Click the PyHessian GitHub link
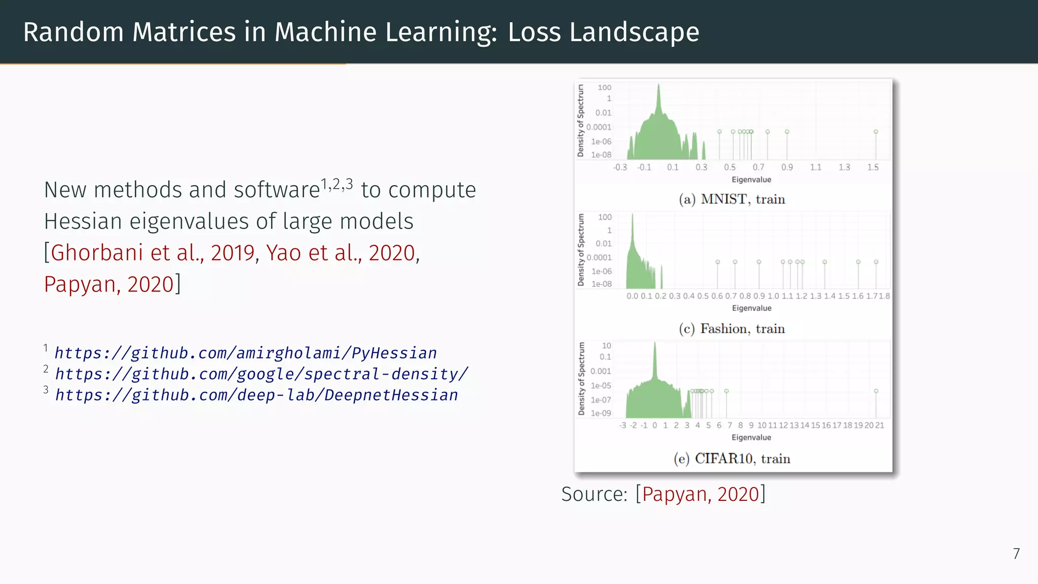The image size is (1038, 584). (245, 353)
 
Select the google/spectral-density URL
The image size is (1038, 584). (262, 374)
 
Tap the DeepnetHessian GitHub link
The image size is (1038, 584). (256, 395)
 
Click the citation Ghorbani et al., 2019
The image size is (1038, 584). (153, 252)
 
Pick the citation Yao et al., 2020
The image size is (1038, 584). (341, 252)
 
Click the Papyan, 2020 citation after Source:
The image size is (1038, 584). (700, 494)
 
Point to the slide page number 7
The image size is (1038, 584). (1016, 554)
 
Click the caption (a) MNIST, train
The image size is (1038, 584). (732, 199)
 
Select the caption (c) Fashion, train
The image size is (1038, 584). (732, 328)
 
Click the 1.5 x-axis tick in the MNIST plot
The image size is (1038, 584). (873, 167)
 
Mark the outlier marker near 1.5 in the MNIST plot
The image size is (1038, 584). (876, 132)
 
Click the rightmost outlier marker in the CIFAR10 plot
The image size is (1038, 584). (876, 391)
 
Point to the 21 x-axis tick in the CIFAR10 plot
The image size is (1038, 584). (879, 425)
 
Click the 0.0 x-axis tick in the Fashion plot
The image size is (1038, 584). (632, 296)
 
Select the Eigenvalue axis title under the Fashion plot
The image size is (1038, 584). (752, 308)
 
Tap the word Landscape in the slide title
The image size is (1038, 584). (603, 32)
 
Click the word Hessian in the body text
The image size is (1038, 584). (83, 221)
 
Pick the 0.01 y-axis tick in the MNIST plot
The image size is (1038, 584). (603, 113)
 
